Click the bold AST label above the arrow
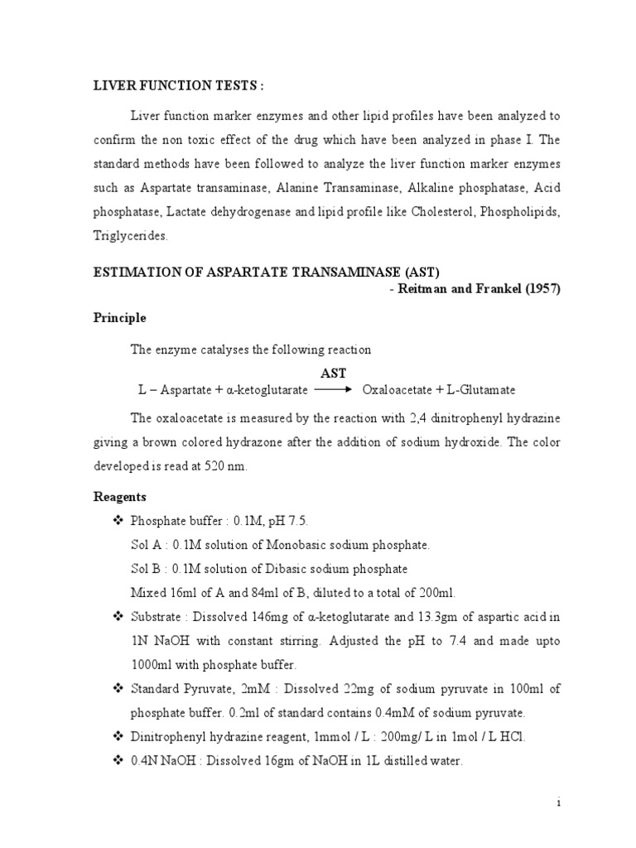point(333,373)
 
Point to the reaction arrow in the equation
point(334,388)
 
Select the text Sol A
point(145,544)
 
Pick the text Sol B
point(145,569)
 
